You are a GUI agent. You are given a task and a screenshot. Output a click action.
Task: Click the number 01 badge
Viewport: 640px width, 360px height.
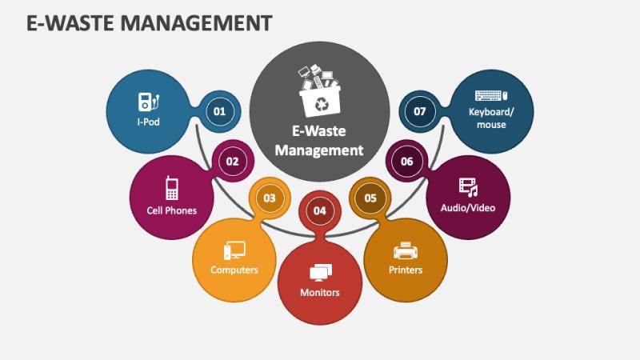219,111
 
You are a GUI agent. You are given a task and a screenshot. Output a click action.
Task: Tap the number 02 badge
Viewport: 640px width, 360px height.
232,162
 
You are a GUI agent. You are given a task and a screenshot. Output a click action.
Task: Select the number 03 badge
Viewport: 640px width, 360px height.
270,198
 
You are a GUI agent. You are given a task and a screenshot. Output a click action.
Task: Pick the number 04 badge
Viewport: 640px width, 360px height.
319,210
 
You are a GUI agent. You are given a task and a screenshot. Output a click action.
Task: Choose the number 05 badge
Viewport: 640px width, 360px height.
370,198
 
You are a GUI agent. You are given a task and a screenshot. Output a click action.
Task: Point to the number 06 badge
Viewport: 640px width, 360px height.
406,162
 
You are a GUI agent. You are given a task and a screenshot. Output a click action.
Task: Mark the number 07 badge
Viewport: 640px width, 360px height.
419,111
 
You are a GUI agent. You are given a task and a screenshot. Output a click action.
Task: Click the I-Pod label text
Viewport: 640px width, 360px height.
149,122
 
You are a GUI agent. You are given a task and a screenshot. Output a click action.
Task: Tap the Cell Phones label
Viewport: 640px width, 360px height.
172,210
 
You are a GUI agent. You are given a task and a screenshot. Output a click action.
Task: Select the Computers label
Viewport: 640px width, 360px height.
234,270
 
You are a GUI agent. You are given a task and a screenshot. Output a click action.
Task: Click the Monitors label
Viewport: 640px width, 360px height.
319,292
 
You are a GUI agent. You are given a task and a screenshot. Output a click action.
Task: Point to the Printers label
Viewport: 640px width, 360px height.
406,270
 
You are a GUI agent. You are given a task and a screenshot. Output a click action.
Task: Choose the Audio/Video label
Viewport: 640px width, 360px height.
468,208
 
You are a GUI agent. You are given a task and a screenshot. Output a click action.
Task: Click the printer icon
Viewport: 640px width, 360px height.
406,250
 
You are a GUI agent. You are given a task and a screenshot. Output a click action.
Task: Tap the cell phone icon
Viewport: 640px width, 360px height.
172,188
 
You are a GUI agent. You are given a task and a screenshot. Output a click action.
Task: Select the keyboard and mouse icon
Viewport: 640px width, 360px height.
491,95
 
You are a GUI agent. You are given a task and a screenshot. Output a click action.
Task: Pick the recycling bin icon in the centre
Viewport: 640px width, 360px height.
319,90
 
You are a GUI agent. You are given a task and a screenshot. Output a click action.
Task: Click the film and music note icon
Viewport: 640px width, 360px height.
468,187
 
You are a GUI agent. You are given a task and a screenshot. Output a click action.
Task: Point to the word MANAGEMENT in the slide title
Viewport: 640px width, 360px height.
196,23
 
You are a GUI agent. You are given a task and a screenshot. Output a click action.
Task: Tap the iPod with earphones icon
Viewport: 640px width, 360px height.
149,102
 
